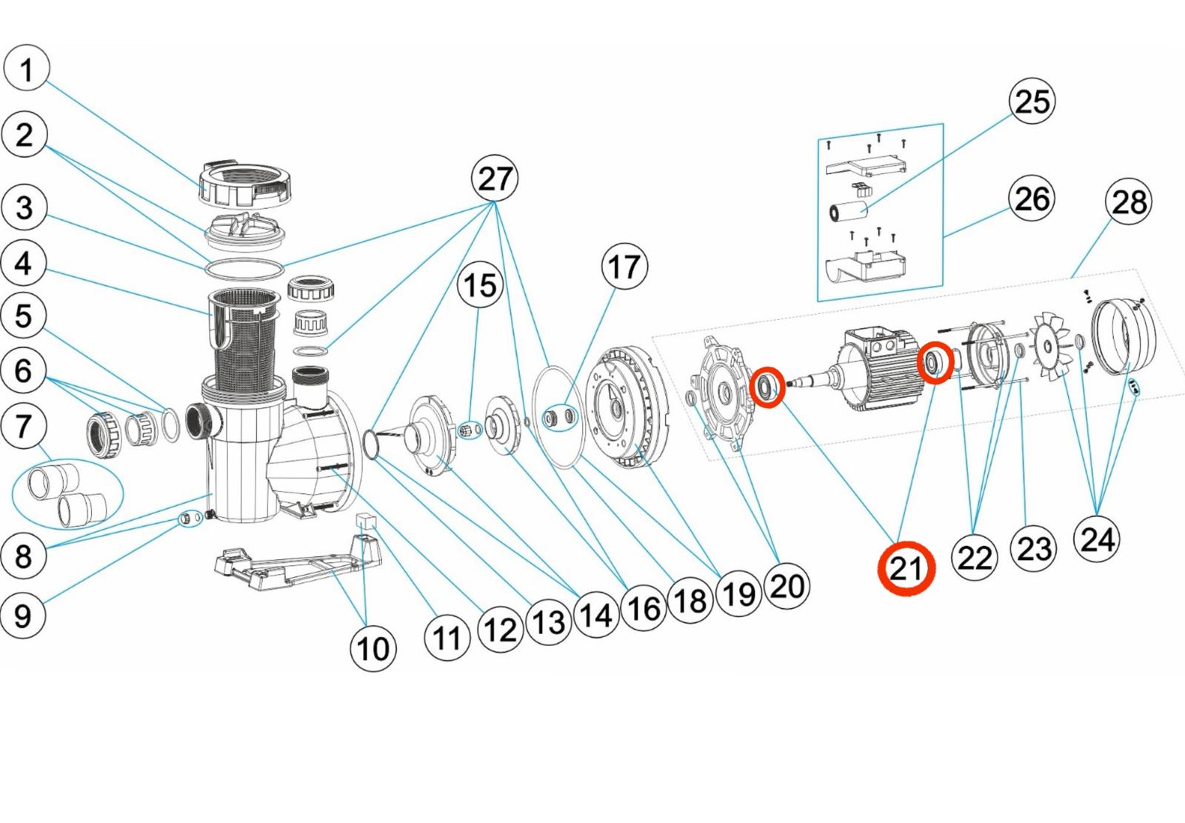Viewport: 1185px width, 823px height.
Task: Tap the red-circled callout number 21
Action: click(906, 569)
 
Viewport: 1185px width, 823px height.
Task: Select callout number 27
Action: click(495, 179)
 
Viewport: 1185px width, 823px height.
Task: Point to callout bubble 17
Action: click(624, 267)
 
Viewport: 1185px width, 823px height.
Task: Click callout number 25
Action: click(1032, 101)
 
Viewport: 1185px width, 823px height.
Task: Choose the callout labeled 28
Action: click(1129, 201)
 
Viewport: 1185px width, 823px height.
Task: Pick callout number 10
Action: click(373, 649)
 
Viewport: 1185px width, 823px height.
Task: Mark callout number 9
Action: click(24, 615)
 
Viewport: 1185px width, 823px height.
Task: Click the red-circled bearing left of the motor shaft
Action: click(766, 387)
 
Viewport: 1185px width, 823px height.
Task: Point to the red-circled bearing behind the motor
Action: click(935, 363)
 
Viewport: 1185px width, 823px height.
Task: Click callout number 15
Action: click(480, 285)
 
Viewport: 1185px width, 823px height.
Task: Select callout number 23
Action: click(1034, 549)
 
